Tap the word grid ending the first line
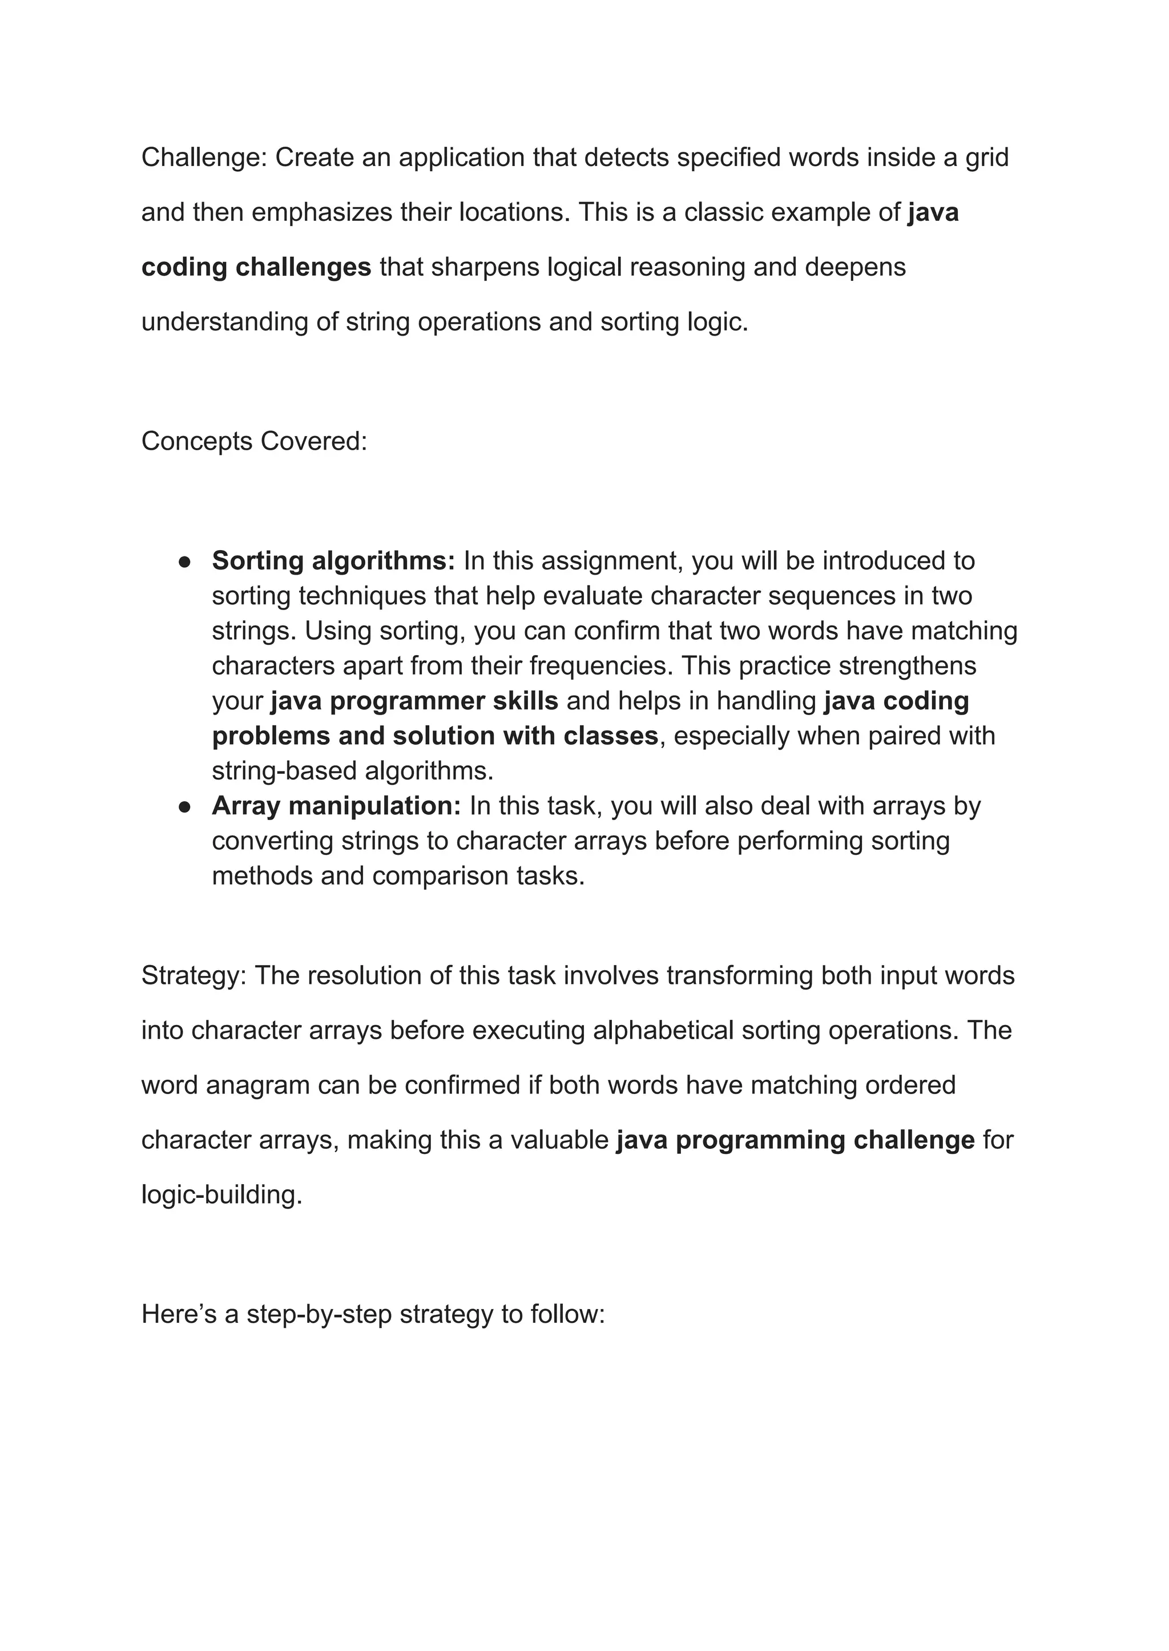click(987, 158)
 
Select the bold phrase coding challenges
click(256, 267)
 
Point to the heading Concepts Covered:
click(254, 441)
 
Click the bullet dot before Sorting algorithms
click(184, 562)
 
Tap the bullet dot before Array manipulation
click(184, 807)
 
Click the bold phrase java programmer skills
click(414, 701)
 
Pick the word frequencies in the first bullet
click(599, 666)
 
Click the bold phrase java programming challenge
click(795, 1140)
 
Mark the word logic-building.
click(221, 1194)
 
